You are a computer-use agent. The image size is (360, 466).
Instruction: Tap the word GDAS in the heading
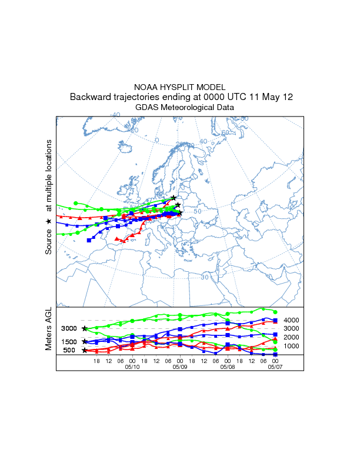pos(146,108)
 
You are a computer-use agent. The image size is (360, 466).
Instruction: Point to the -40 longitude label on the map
pos(115,115)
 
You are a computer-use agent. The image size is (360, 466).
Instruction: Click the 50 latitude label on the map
pos(198,211)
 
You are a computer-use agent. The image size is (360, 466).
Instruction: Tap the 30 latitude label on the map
pos(205,277)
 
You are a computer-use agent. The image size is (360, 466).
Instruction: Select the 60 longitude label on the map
pos(224,133)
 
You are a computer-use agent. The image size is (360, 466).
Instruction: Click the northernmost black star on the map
pos(174,198)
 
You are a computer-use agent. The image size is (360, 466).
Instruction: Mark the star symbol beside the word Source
pos(49,221)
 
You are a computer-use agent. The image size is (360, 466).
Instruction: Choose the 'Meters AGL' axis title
pos(49,329)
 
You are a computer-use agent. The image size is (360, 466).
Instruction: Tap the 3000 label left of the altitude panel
pos(69,328)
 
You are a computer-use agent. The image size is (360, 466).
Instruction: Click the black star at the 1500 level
pos(85,341)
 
